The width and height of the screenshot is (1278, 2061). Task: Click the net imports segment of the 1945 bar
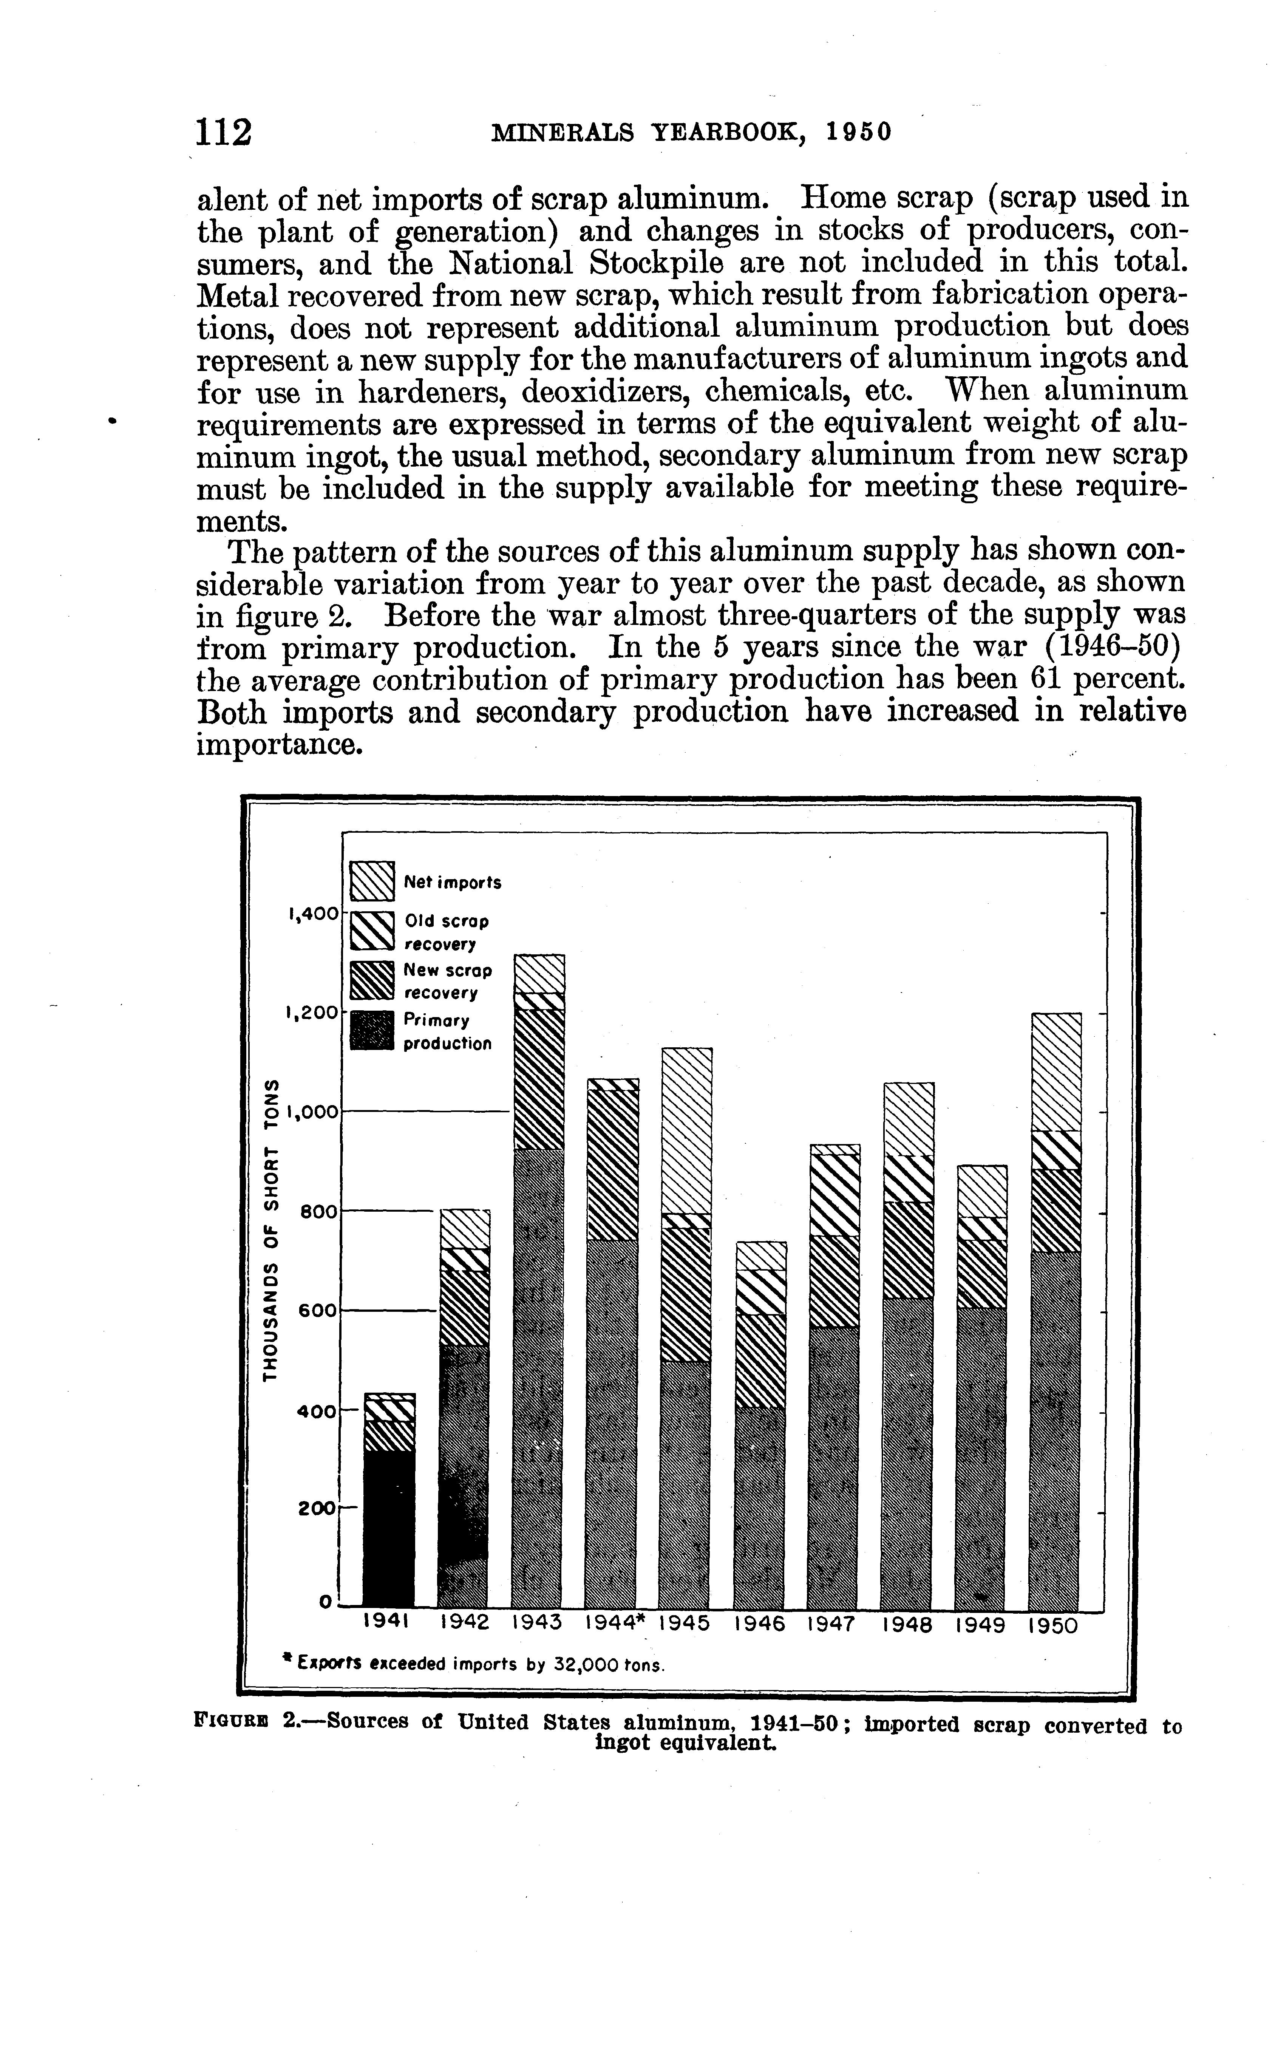(686, 1130)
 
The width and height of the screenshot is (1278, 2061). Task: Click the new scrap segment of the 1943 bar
(539, 1079)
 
